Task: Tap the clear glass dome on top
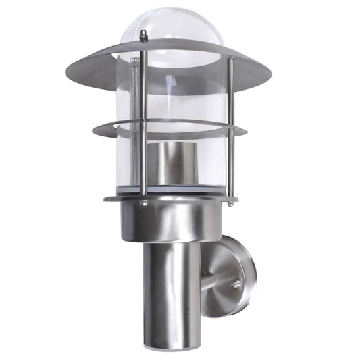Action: point(172,27)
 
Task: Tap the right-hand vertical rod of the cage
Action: point(231,128)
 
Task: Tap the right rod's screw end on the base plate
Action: point(231,201)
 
